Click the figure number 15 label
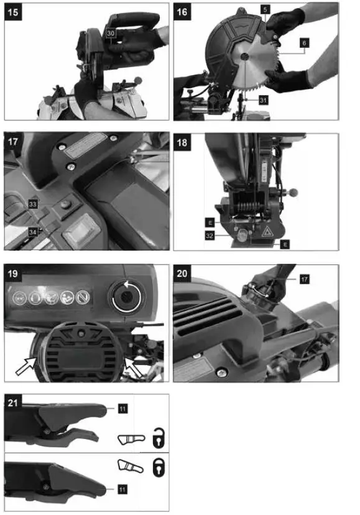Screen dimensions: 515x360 tap(13, 12)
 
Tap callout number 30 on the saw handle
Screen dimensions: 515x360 tap(110, 32)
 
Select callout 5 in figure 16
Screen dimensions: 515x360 tap(265, 10)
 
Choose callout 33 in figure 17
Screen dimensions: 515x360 tap(33, 203)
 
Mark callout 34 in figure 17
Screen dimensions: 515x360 tap(33, 231)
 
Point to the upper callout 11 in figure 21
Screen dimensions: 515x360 tap(122, 408)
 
